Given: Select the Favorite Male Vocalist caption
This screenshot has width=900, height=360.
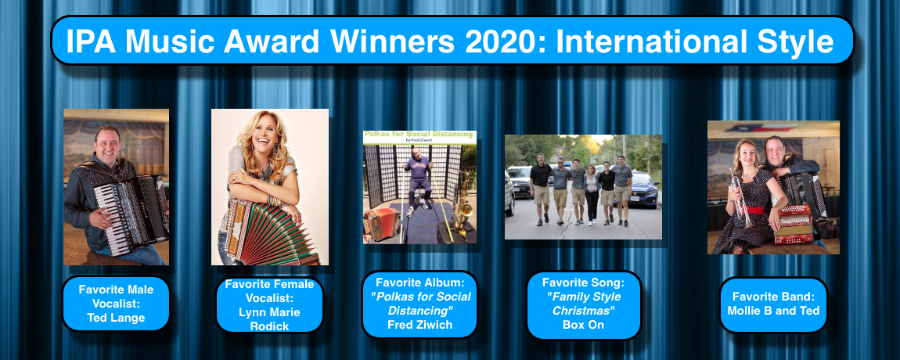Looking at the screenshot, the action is click(116, 304).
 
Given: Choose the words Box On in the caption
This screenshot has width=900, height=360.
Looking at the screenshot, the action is click(583, 325).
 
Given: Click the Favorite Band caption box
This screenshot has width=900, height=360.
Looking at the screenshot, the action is click(773, 304).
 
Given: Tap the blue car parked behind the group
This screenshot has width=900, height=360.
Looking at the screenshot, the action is click(643, 190).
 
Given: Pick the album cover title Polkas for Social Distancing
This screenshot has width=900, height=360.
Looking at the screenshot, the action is click(418, 135).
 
